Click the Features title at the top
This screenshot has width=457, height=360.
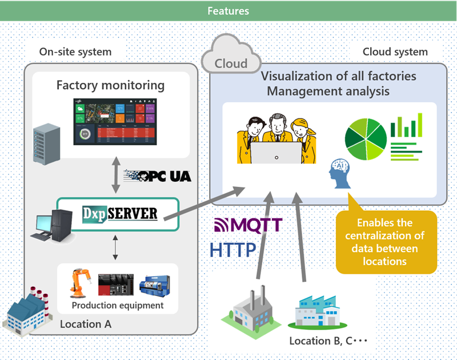pyautogui.click(x=228, y=11)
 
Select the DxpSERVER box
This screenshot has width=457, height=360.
pyautogui.click(x=118, y=214)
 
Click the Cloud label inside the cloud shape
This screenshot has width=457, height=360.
pyautogui.click(x=231, y=63)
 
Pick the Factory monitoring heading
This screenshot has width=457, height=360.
pyautogui.click(x=110, y=86)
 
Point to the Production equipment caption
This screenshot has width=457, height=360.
pyautogui.click(x=118, y=305)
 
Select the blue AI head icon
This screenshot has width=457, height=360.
pyautogui.click(x=341, y=175)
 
